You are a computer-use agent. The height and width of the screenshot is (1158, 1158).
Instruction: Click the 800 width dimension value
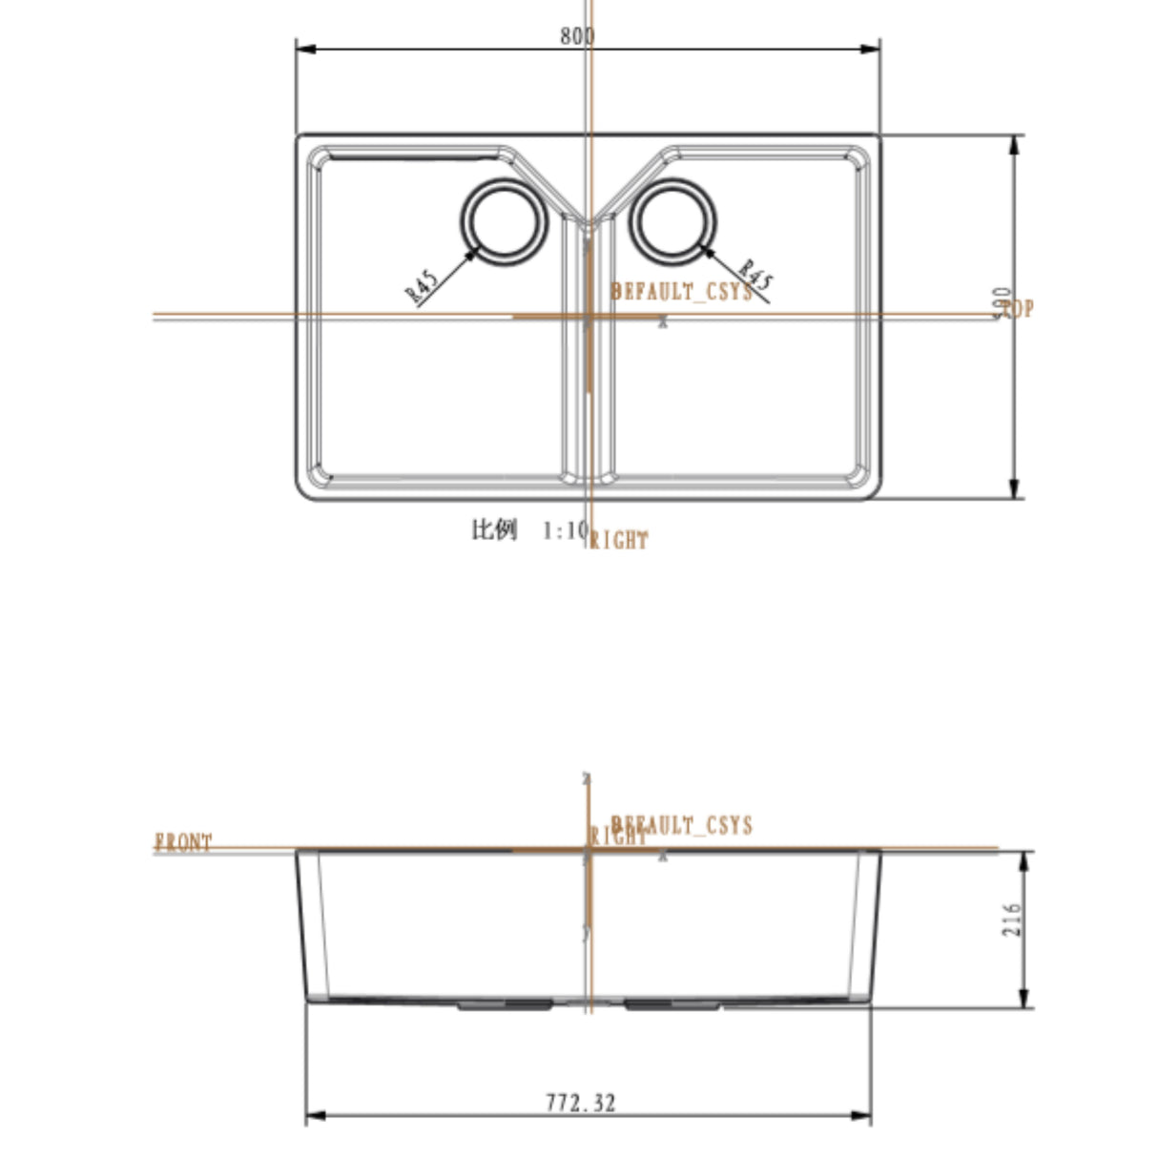pyautogui.click(x=577, y=36)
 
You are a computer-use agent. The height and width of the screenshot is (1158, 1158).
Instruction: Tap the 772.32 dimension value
pyautogui.click(x=581, y=1103)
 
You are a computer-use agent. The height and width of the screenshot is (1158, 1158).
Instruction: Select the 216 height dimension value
pyautogui.click(x=1012, y=920)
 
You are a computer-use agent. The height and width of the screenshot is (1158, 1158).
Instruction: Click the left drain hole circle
pyautogui.click(x=506, y=221)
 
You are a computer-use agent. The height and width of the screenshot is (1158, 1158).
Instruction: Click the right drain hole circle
pyautogui.click(x=672, y=221)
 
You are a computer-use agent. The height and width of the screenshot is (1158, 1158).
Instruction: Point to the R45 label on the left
pyautogui.click(x=422, y=286)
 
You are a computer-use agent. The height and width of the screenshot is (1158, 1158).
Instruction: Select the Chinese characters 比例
pyautogui.click(x=494, y=529)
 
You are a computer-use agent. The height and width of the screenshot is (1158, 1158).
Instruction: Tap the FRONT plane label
pyautogui.click(x=183, y=842)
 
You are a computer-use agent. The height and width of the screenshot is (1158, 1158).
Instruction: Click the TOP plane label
pyautogui.click(x=1017, y=309)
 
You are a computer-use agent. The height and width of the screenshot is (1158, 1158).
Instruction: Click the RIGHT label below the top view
pyautogui.click(x=619, y=541)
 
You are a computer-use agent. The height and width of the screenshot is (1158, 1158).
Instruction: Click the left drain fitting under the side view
pyautogui.click(x=506, y=1004)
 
